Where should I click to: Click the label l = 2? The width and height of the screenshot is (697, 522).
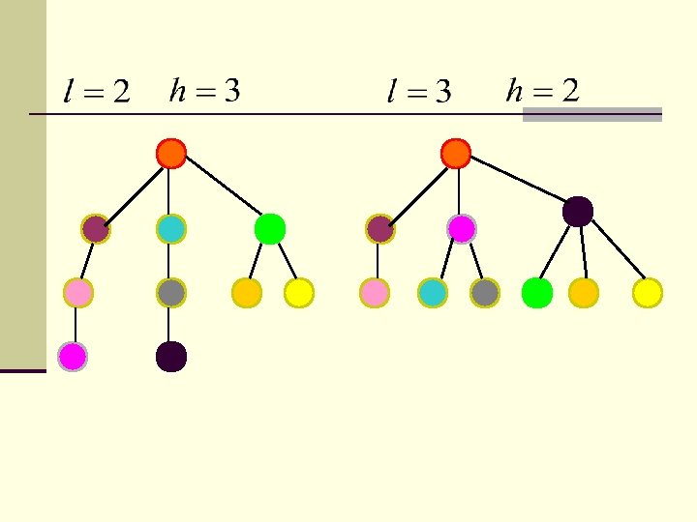(x=96, y=93)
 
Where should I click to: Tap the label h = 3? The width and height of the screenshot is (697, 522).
(x=204, y=91)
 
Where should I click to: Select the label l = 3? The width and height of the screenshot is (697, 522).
(x=419, y=93)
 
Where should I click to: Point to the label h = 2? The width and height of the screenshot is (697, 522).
(x=543, y=91)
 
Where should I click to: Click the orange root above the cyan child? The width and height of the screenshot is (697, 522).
(x=170, y=153)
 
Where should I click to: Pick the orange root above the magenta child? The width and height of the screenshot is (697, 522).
(x=455, y=153)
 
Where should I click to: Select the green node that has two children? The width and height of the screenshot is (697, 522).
(x=269, y=228)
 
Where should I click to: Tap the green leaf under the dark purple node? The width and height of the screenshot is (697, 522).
(x=536, y=292)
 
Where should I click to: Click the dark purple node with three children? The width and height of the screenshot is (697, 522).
(x=577, y=211)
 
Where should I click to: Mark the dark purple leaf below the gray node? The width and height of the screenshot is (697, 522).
(x=170, y=357)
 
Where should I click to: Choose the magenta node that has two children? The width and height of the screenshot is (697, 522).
(x=461, y=228)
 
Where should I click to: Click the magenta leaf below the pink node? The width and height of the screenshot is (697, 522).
(x=73, y=357)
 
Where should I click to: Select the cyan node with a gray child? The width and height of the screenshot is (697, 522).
(x=170, y=229)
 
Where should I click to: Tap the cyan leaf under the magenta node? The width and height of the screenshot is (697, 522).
(x=432, y=292)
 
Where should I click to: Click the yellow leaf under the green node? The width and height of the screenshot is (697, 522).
(x=299, y=292)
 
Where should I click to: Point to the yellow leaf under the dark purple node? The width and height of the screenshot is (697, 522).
(x=647, y=292)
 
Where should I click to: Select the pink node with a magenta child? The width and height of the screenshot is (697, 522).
(x=77, y=292)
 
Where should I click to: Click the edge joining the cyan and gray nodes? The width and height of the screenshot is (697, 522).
(x=170, y=261)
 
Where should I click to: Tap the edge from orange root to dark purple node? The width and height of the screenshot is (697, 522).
(x=516, y=182)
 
